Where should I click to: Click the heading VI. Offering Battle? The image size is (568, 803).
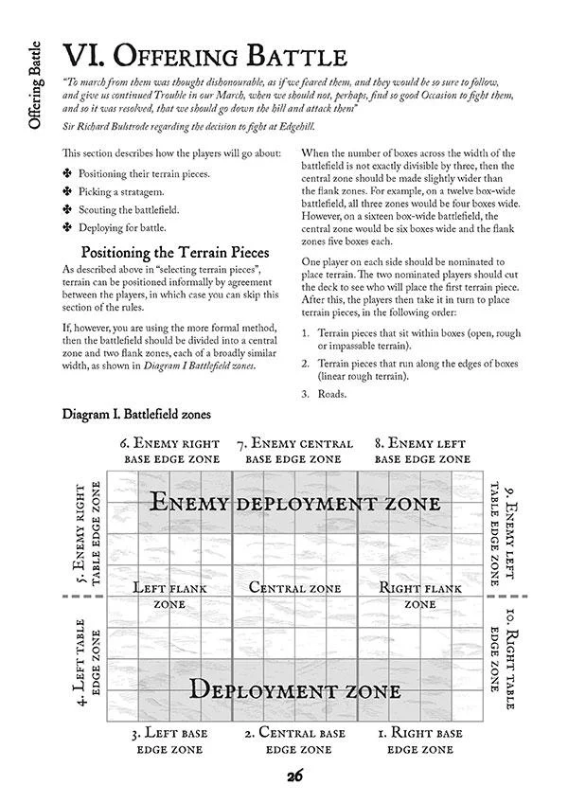click(197, 53)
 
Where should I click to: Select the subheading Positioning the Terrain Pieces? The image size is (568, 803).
click(174, 254)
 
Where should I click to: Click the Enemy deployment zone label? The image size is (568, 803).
click(294, 503)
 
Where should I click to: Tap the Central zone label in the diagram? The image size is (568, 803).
click(295, 588)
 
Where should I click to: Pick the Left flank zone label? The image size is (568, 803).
click(169, 595)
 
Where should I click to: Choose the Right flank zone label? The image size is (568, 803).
click(420, 595)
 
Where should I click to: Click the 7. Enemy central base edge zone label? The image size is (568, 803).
click(294, 451)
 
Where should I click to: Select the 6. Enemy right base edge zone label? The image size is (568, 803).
click(169, 451)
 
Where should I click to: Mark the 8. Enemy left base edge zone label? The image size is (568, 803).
click(419, 451)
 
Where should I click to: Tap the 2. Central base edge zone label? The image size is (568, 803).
click(295, 741)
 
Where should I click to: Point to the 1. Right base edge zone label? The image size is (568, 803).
click(419, 741)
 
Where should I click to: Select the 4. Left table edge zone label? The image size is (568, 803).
click(87, 662)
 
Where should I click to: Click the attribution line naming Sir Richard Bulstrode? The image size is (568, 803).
click(163, 127)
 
